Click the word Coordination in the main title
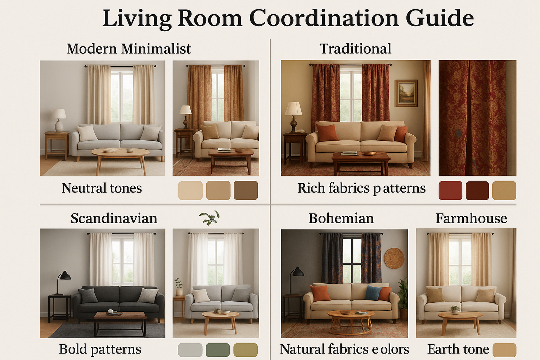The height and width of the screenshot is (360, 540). tap(324, 18)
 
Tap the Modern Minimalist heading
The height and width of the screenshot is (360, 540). tap(129, 49)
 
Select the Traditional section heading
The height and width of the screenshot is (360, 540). tap(355, 49)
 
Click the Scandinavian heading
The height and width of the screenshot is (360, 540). tap(114, 219)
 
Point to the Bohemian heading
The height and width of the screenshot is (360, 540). tap(341, 219)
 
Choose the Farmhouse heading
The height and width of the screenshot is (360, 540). tap(471, 219)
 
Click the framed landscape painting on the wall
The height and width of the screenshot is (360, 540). tap(406, 93)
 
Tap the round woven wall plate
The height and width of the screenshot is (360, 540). tap(394, 258)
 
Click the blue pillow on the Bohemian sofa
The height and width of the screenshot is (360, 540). tap(373, 293)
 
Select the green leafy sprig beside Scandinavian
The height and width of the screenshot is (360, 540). tap(209, 217)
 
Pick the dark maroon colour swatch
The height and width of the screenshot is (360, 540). tap(477, 191)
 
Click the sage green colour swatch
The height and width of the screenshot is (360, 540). tap(218, 350)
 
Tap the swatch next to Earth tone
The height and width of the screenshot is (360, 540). tap(504, 350)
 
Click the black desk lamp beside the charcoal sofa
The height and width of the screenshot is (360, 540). tap(64, 279)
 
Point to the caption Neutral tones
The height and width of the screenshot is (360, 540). tap(102, 188)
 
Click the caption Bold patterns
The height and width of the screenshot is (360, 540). tap(100, 349)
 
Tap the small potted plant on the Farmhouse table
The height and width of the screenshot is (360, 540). tap(455, 309)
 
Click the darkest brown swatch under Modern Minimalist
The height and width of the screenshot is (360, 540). tap(246, 190)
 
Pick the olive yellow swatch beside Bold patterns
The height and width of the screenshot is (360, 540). tap(246, 350)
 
